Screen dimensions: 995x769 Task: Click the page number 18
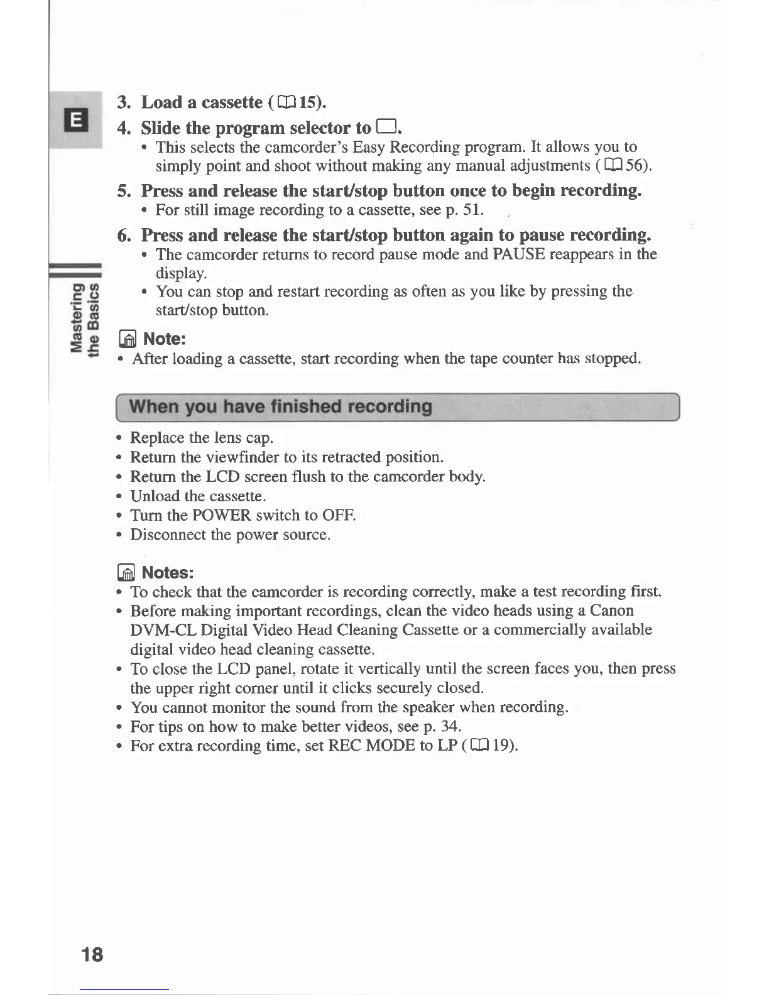(92, 954)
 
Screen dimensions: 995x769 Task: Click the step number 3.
(123, 102)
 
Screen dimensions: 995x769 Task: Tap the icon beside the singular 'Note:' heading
(128, 340)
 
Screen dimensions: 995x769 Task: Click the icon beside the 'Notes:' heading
(126, 573)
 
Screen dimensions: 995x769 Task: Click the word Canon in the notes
(611, 611)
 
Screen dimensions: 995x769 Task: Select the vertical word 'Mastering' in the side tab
(77, 318)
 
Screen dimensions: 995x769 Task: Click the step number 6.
(124, 236)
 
